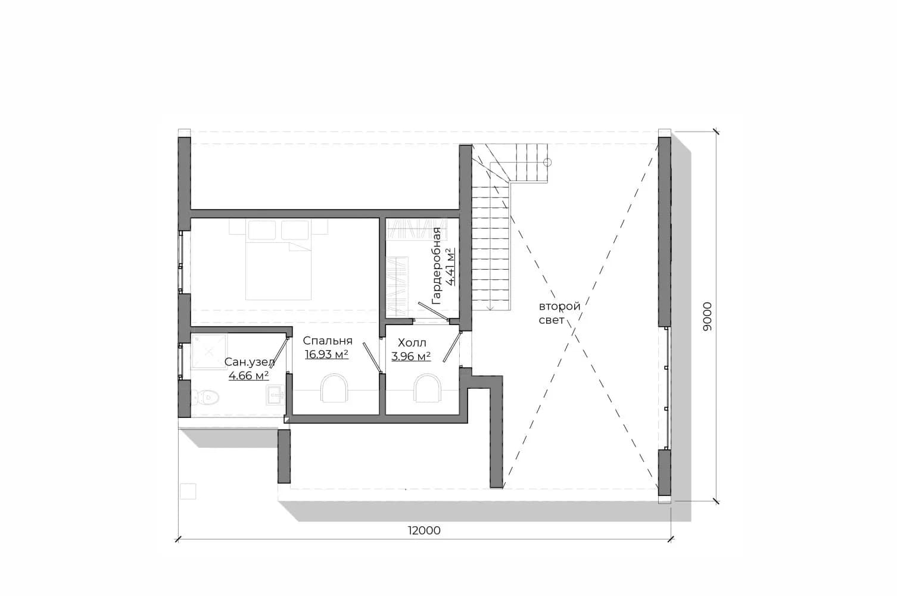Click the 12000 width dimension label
coord(424,531)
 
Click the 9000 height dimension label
coord(708,316)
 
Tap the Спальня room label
coord(328,341)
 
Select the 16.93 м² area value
coord(326,355)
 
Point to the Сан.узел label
coord(250,362)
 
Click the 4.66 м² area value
coord(249,376)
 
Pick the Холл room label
coord(412,342)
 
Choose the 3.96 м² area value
coord(411,356)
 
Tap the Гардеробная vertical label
coord(437,266)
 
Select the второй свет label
coord(559,313)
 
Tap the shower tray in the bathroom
coord(209,352)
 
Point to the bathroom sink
coord(276,395)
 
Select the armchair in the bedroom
coord(334,388)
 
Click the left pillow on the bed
coord(262,230)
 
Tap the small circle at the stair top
coord(547,162)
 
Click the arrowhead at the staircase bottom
coord(490,307)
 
